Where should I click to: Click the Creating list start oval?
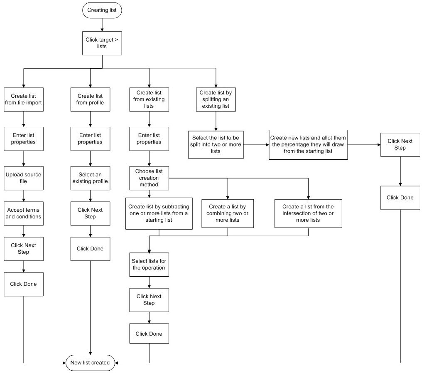tap(102, 10)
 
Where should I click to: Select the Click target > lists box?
tap(102, 43)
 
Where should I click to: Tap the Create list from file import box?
tap(24, 99)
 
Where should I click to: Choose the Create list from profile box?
tap(91, 99)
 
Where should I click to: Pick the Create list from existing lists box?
tap(149, 99)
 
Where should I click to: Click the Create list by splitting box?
tap(216, 99)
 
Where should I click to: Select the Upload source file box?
tap(24, 178)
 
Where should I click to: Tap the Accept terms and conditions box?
tap(24, 213)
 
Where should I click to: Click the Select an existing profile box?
tap(91, 178)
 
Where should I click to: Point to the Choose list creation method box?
tap(149, 178)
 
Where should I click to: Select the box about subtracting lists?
tap(159, 213)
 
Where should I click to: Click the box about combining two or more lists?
tap(228, 213)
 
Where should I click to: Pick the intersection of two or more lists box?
tap(308, 213)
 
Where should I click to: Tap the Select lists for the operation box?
tap(149, 264)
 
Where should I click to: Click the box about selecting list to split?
tap(216, 144)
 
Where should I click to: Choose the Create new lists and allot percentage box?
tap(308, 144)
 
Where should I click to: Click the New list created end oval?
tap(90, 362)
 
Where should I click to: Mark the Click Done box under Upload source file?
tap(24, 284)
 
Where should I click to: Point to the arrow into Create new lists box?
tap(256, 144)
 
